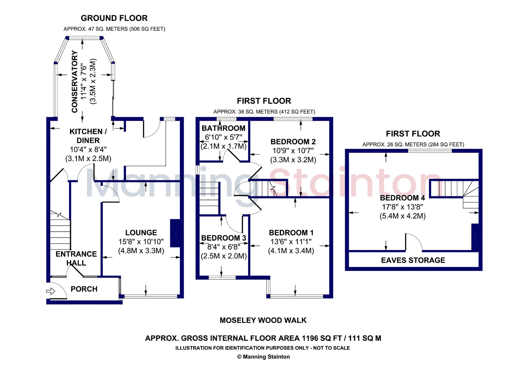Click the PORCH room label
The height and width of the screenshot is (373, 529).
tap(84, 289)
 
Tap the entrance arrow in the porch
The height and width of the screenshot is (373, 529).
tap(51, 291)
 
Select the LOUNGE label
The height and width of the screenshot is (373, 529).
tap(141, 233)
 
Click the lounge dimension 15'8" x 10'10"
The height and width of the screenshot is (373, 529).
tap(141, 242)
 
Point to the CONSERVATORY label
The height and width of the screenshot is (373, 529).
tap(75, 82)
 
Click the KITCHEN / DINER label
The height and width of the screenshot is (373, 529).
tap(88, 136)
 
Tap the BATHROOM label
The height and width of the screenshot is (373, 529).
tap(224, 128)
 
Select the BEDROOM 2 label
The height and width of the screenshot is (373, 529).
tap(293, 142)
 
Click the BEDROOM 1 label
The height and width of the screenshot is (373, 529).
tap(291, 233)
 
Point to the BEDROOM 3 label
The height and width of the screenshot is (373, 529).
tap(224, 238)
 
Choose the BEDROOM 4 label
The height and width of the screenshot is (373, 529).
tap(402, 198)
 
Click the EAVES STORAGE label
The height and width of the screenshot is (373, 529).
tap(413, 260)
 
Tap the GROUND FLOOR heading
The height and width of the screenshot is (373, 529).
tap(114, 18)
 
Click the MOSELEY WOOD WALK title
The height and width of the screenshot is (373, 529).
tap(263, 321)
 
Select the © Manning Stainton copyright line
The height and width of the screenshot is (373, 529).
tap(264, 357)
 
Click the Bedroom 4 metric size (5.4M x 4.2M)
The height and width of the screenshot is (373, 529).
tap(402, 216)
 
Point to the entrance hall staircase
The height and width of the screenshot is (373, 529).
tap(60, 231)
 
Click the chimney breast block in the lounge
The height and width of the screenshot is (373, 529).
tap(175, 233)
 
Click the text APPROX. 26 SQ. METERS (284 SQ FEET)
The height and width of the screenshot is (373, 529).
tap(413, 145)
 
